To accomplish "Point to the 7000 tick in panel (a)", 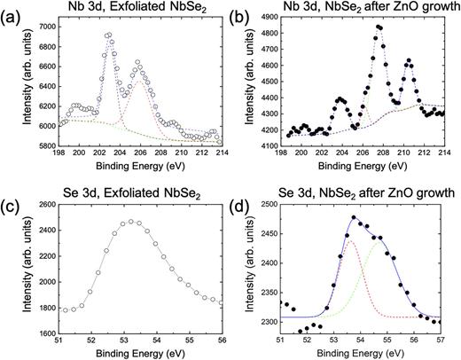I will pos(43,27).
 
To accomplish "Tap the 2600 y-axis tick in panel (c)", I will pos(43,206).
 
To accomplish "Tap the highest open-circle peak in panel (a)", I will pos(108,35).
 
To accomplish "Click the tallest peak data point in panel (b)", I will pos(379,27).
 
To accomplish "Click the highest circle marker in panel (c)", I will pos(130,221).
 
